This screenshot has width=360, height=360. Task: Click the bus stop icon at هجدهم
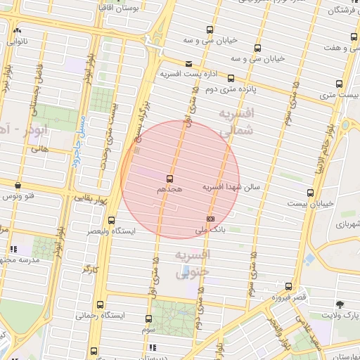coord(169,179)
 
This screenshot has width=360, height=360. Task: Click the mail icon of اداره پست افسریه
coord(188,64)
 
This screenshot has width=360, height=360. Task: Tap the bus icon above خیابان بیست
coord(310,193)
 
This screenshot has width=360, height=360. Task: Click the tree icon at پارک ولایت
coord(340,304)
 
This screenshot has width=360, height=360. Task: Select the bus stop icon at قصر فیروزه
coord(288,286)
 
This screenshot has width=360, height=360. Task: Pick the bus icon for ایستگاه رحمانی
coord(100,304)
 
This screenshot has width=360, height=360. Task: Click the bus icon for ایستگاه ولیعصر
coord(111,220)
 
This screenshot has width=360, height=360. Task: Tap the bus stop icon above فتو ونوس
coord(18,185)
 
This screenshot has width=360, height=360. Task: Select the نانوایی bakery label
coord(18,41)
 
